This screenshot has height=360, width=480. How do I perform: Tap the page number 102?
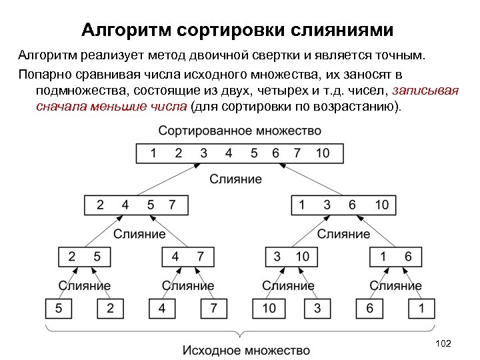pos(443,343)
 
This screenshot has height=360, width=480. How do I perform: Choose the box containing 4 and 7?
pos(188,257)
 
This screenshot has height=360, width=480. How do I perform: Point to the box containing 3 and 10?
pos(291,257)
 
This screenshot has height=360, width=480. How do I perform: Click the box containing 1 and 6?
pos(395,257)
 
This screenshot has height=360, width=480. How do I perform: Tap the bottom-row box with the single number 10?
pos(269,309)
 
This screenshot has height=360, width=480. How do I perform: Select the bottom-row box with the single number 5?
pos(59,309)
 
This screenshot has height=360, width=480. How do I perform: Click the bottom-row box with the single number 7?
pos(214,309)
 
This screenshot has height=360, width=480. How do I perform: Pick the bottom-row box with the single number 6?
pos(369,309)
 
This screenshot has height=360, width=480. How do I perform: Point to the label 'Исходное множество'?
pos(247,350)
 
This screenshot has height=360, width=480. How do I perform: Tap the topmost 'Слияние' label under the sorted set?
pos(236,179)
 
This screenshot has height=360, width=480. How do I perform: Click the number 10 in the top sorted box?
pos(322,153)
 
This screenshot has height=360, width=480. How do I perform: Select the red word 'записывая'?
pos(426,91)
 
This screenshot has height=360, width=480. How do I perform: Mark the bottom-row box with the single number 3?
pos(317,309)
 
